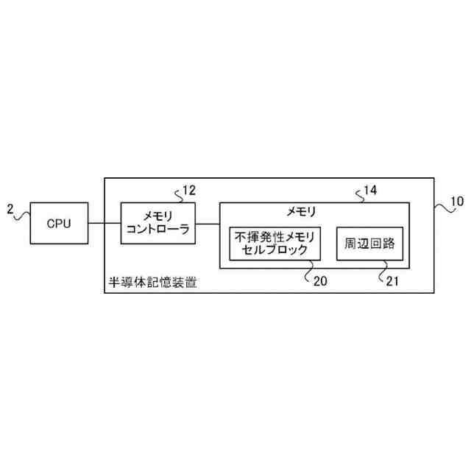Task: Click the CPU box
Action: click(59, 223)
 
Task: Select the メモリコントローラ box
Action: click(157, 223)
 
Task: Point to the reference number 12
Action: click(189, 191)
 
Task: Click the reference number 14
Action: click(371, 191)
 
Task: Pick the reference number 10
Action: click(457, 200)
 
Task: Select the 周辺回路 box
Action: click(369, 243)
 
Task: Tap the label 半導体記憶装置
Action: click(152, 283)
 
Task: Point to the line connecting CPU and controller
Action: click(105, 223)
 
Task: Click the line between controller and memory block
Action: click(206, 223)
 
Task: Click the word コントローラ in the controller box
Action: click(157, 230)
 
